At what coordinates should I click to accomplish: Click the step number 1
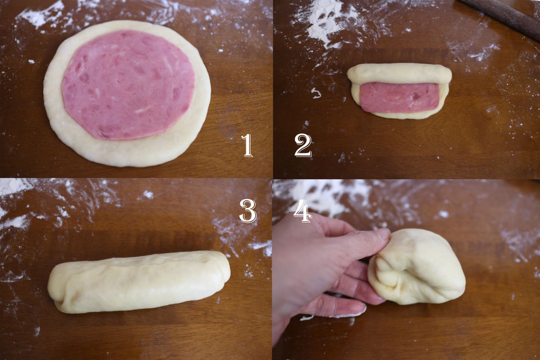[x=247, y=145]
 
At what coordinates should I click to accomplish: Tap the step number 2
[x=303, y=146]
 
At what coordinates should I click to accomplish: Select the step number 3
[x=248, y=211]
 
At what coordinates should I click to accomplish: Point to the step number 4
[x=302, y=213]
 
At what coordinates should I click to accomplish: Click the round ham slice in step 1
[x=129, y=85]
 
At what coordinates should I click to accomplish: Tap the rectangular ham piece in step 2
[x=400, y=97]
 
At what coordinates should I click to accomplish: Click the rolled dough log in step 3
[x=139, y=282]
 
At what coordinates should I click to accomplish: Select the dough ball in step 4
[x=417, y=267]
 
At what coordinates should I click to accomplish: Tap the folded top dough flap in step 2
[x=399, y=73]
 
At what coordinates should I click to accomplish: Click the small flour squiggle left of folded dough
[x=316, y=93]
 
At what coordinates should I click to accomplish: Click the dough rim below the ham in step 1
[x=128, y=152]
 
